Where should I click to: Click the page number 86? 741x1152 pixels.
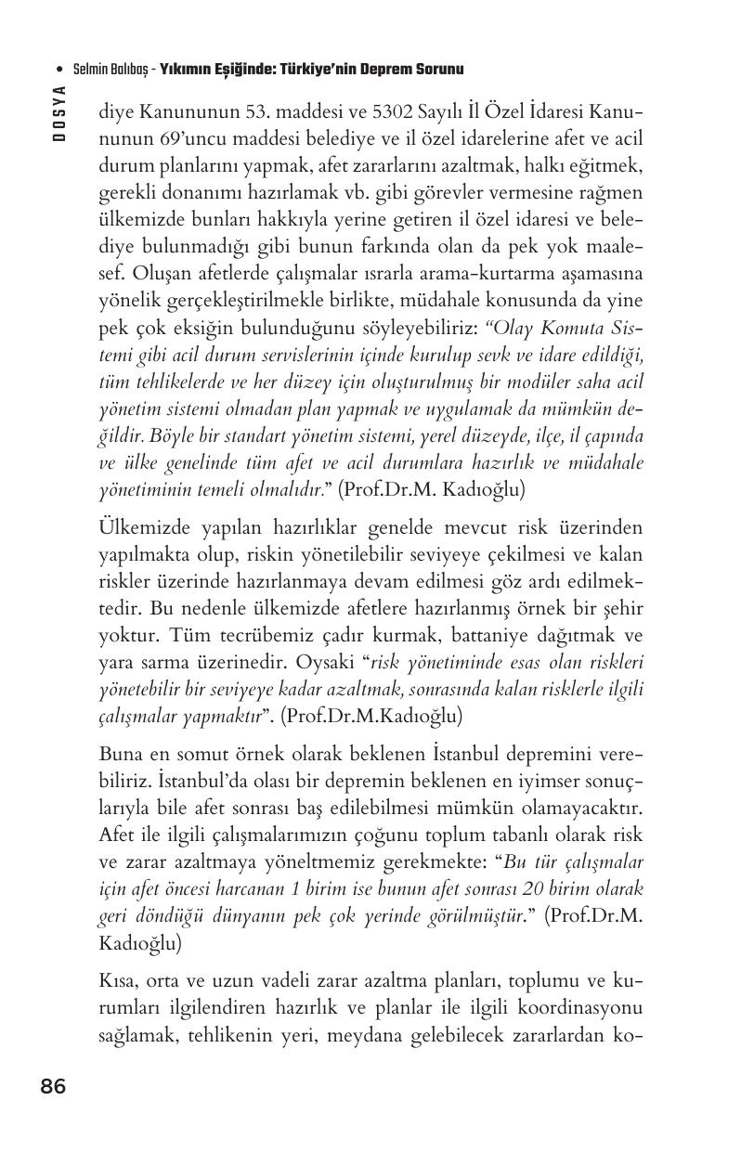point(53,1087)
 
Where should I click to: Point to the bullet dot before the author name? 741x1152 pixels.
point(59,70)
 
